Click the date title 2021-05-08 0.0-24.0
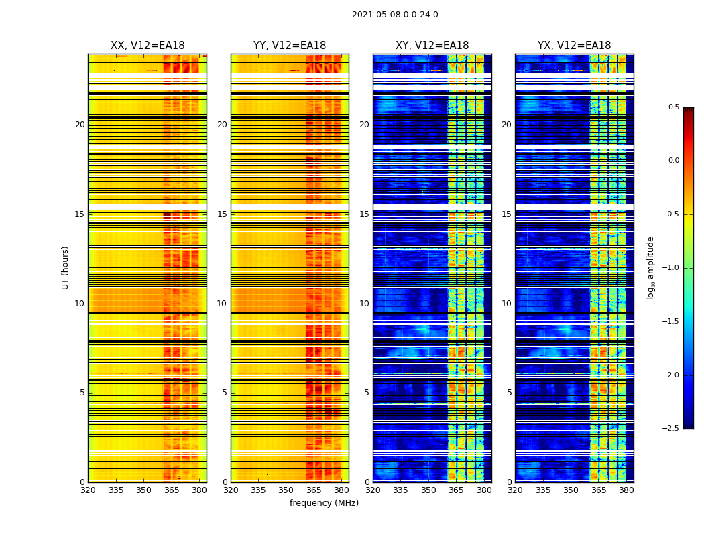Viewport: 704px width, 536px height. click(395, 15)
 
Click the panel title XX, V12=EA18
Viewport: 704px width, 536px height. click(148, 46)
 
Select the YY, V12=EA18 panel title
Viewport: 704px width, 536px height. click(290, 46)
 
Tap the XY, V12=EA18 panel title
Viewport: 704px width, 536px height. click(432, 46)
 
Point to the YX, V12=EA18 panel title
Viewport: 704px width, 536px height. click(574, 46)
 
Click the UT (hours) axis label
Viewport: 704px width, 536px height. click(66, 267)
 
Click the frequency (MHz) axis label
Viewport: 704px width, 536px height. click(324, 503)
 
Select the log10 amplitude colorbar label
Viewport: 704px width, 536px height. click(650, 267)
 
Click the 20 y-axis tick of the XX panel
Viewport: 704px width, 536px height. click(80, 125)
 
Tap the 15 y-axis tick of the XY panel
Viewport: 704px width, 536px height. click(364, 214)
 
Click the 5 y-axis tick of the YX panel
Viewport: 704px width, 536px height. click(509, 393)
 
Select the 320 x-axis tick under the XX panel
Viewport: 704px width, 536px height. click(88, 490)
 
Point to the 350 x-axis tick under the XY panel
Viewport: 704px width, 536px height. click(428, 490)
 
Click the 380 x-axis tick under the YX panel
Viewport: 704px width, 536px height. click(626, 490)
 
